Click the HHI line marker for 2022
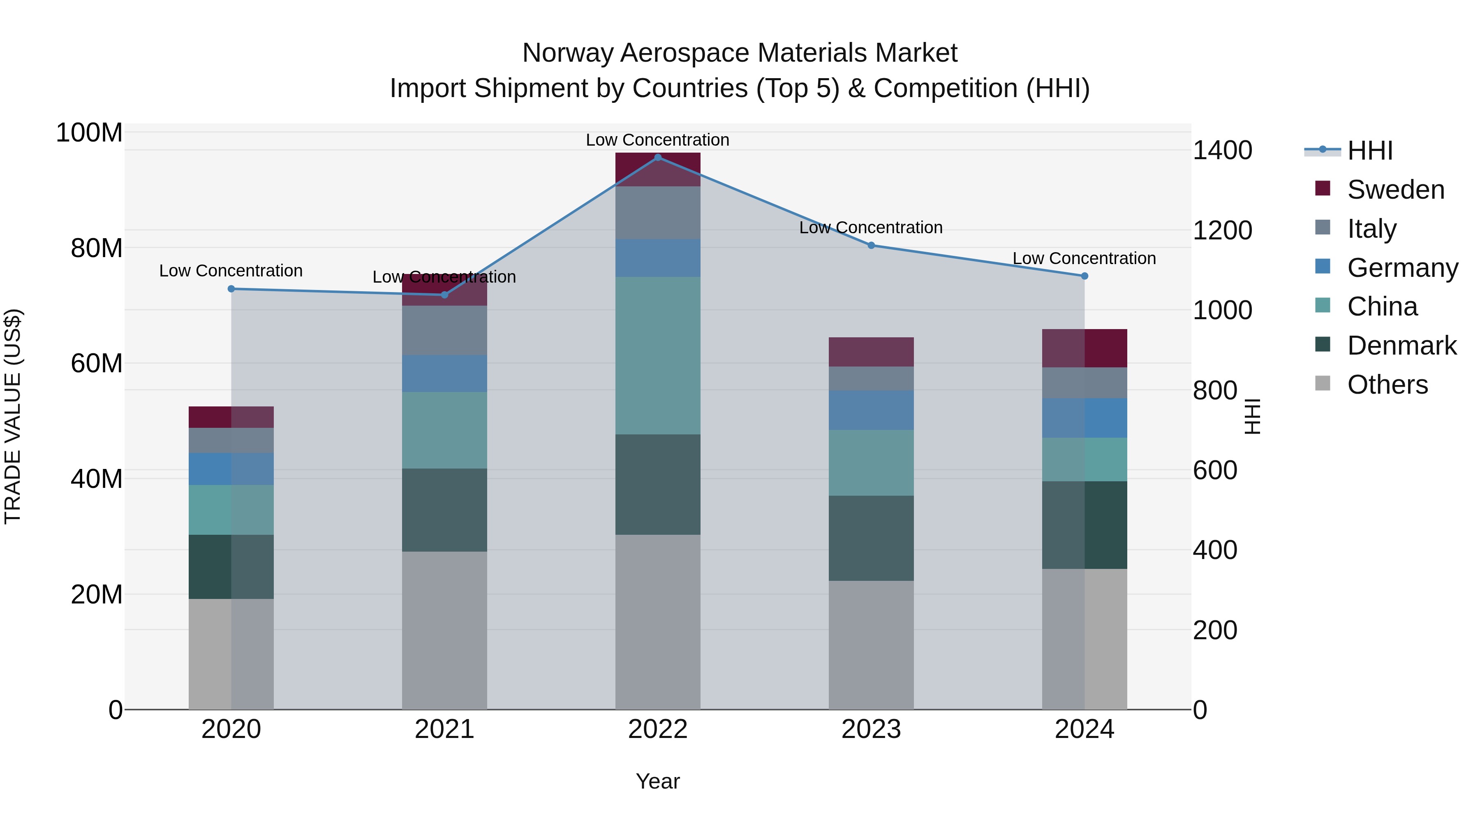coord(658,157)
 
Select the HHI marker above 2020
coord(231,289)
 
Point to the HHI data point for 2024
coord(1084,276)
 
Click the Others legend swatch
coord(1322,383)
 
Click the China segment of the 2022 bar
coord(658,355)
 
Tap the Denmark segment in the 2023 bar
coord(871,538)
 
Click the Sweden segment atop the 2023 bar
coord(871,352)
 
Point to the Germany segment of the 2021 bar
coord(444,373)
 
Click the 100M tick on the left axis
coord(89,133)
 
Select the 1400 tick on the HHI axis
coord(1222,151)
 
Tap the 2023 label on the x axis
coord(871,729)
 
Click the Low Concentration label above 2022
coord(657,140)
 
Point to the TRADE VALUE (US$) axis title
coord(13,416)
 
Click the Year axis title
coord(657,781)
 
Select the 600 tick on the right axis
coord(1214,470)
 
